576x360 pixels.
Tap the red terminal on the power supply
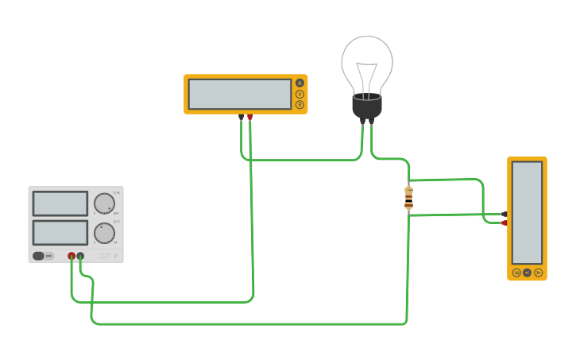tap(72, 256)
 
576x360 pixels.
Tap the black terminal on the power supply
tap(80, 256)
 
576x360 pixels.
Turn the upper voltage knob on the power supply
tap(104, 203)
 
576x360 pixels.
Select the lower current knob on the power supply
tap(104, 233)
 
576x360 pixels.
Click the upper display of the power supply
tap(60, 203)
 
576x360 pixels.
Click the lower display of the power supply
tap(60, 233)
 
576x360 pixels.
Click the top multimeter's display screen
tap(239, 94)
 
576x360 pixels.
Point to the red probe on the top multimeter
tap(249, 118)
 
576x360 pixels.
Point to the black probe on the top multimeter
tap(242, 118)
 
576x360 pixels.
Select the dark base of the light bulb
tap(367, 106)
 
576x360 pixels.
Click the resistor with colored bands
tap(408, 199)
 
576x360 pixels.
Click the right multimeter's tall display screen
tap(527, 212)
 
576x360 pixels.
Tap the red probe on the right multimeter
tap(504, 223)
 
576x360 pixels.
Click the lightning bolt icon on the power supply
tap(115, 256)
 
